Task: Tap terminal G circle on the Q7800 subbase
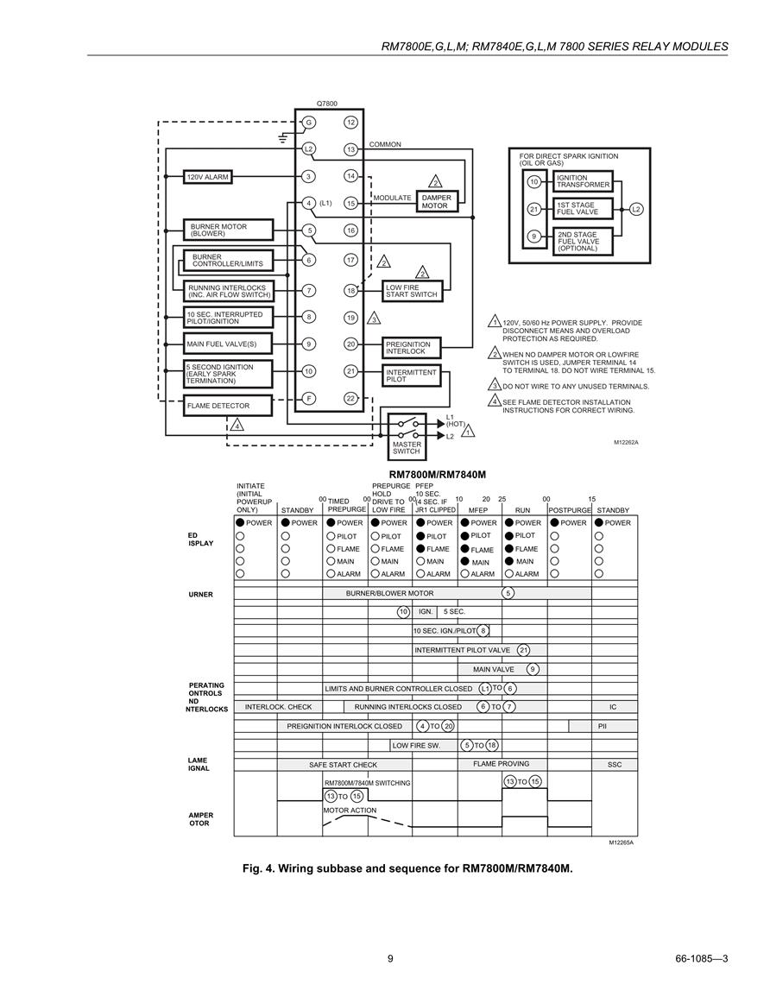308,123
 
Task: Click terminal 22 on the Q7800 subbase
351,399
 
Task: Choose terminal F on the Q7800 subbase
308,399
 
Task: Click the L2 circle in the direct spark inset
636,209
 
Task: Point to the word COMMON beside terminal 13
385,144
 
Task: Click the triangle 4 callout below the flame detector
237,425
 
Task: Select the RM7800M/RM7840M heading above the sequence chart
438,475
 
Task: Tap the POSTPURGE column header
570,510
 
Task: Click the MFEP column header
478,510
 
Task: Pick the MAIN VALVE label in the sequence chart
494,670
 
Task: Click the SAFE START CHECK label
344,765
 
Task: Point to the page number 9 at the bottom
390,959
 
